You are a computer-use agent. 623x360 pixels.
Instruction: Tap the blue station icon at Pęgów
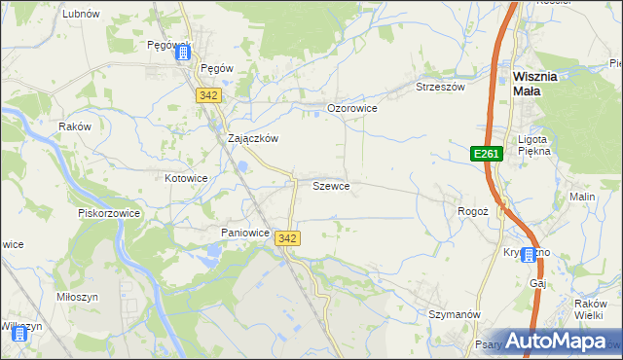(182, 54)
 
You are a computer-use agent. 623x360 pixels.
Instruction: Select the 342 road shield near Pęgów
(207, 95)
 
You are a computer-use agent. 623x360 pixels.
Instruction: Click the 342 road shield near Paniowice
(287, 238)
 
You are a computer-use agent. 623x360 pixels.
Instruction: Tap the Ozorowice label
(351, 108)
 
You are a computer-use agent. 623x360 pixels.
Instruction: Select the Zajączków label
(253, 138)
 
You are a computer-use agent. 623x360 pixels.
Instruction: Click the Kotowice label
(186, 178)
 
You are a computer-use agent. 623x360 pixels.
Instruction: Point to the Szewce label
(331, 185)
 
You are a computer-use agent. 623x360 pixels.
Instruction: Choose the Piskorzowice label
(109, 213)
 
